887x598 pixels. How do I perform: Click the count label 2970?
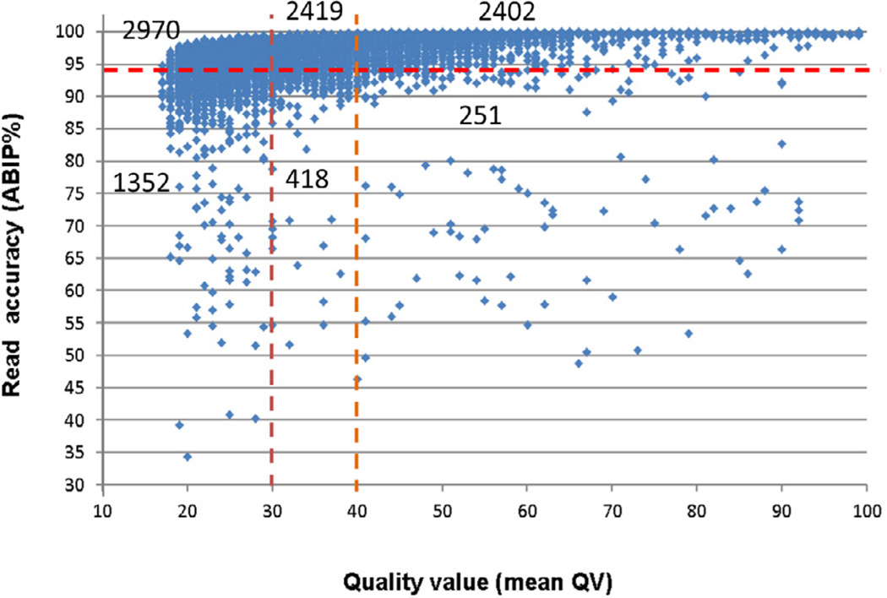click(151, 30)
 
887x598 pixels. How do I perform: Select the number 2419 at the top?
click(314, 11)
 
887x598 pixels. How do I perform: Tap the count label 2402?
click(507, 12)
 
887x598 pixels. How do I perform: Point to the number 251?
click(480, 116)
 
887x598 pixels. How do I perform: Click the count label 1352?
click(141, 182)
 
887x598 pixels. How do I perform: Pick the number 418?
click(307, 179)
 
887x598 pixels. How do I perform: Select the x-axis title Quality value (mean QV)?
click(478, 582)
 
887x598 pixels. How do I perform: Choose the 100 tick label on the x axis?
click(866, 511)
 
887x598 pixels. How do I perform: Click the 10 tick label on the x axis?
click(102, 511)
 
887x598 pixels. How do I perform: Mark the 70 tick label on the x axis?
click(612, 511)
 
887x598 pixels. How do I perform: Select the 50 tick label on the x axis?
click(442, 511)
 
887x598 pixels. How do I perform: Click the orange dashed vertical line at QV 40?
click(356, 249)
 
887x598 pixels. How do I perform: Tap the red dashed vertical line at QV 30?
click(272, 249)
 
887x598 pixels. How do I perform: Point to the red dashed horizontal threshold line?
click(492, 70)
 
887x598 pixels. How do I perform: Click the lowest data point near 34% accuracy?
click(188, 457)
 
